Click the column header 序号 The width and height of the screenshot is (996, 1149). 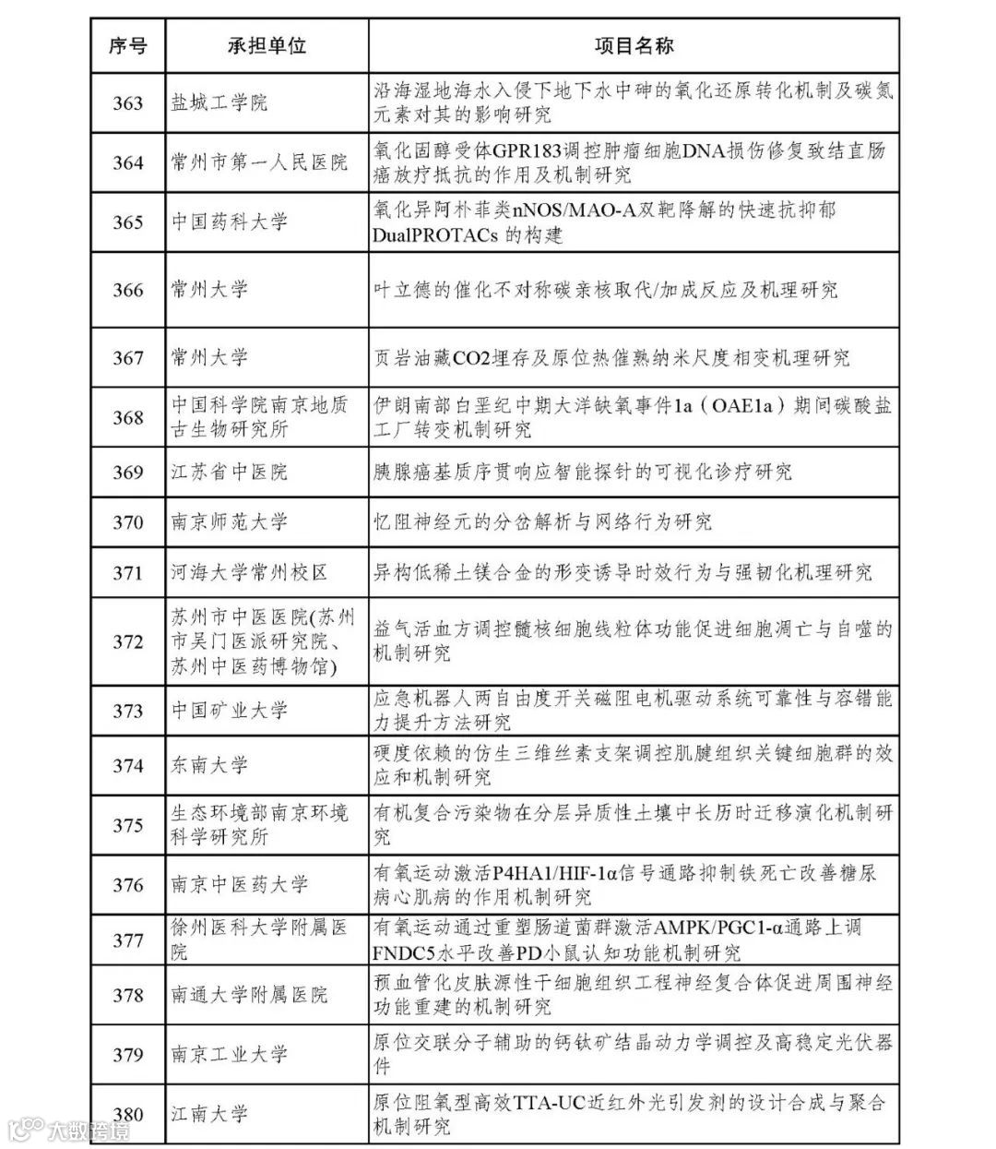click(x=127, y=45)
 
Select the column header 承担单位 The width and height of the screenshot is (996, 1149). click(x=267, y=45)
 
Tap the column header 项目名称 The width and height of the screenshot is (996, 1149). click(x=633, y=45)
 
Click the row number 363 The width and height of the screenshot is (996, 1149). click(x=127, y=102)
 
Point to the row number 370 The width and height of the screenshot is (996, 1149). click(x=127, y=522)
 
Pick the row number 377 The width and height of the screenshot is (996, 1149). click(x=127, y=940)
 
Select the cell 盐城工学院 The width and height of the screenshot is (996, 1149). click(x=219, y=102)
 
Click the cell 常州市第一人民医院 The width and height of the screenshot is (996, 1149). click(x=259, y=162)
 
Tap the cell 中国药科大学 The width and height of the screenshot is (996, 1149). click(x=229, y=222)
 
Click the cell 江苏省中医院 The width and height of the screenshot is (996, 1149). click(x=229, y=473)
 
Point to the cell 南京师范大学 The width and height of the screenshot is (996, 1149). click(x=229, y=522)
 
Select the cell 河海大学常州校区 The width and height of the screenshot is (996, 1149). click(x=249, y=573)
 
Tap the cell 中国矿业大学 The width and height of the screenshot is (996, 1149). click(x=229, y=711)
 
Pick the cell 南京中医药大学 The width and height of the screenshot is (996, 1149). click(x=239, y=885)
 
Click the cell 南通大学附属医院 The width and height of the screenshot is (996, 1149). click(x=249, y=995)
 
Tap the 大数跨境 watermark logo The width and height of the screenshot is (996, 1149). click(x=69, y=1131)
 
